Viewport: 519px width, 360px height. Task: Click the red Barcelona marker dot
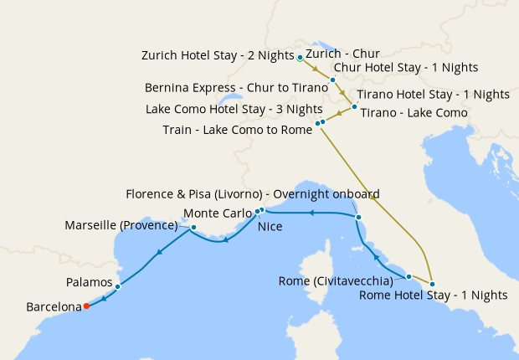pos(86,306)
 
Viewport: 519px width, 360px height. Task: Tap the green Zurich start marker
pos(300,58)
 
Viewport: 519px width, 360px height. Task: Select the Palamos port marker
pos(117,286)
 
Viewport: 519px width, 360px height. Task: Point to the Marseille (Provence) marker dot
pos(193,227)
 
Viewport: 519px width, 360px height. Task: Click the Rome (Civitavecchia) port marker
pos(409,276)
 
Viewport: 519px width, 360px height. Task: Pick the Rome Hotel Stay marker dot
pos(432,284)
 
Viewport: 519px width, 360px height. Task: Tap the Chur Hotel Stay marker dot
pos(332,80)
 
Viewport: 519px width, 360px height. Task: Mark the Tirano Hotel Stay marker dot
pos(355,106)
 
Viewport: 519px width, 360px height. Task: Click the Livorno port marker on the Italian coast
pos(358,218)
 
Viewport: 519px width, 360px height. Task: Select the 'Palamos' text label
pos(89,283)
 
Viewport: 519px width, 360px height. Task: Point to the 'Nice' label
pos(270,226)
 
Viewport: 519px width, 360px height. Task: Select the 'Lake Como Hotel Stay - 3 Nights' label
pos(234,109)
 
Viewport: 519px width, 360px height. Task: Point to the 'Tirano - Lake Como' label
pos(414,113)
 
